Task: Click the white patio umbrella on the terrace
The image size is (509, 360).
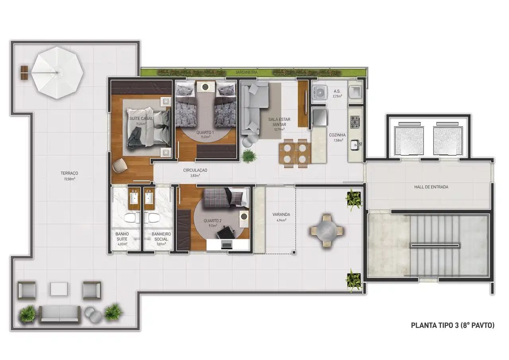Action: tap(58, 73)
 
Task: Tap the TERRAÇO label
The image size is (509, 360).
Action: tap(69, 173)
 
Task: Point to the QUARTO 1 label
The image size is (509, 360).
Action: tap(205, 132)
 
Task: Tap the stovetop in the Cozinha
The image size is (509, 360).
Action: tap(355, 120)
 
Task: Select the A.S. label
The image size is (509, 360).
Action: tap(337, 91)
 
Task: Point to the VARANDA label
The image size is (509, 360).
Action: tap(281, 214)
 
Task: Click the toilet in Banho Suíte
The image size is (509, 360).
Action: tap(129, 218)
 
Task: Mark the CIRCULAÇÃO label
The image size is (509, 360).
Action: tap(195, 170)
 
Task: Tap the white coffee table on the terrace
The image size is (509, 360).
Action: tap(60, 289)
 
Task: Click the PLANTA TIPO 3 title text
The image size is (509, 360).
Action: tap(453, 325)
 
